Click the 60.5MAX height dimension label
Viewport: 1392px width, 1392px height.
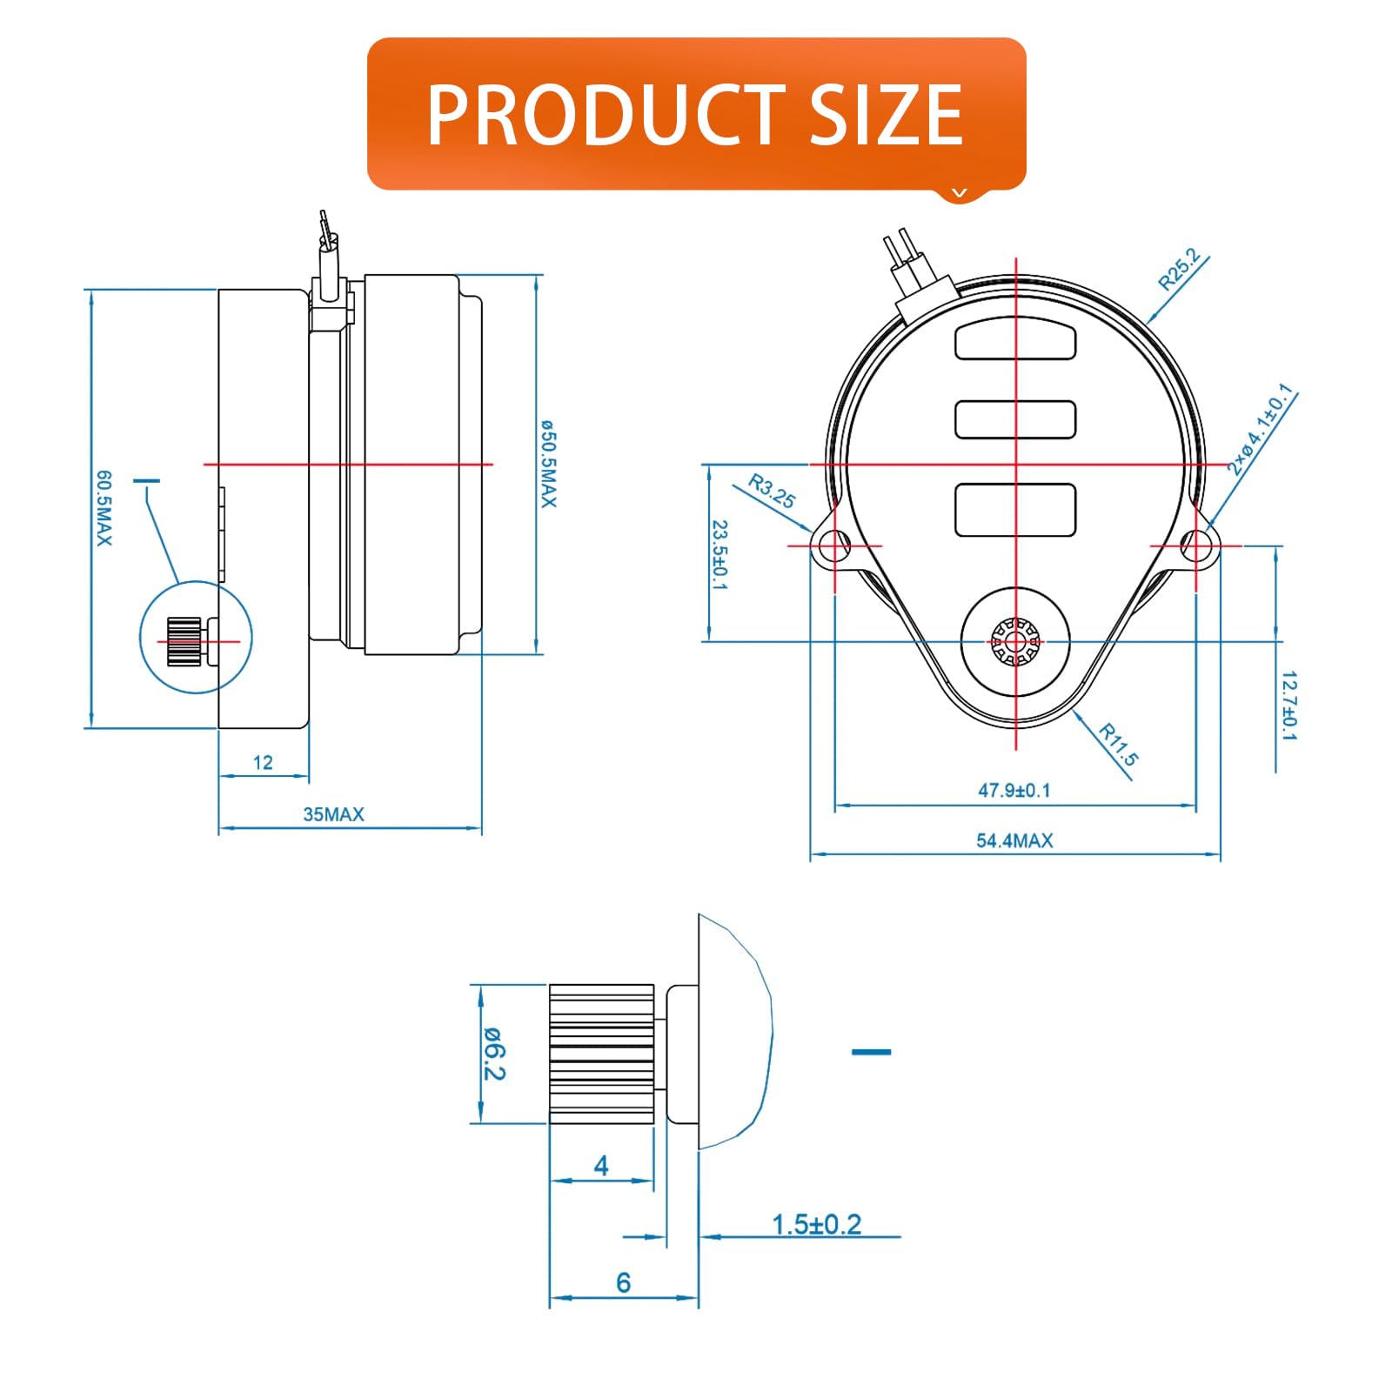(104, 508)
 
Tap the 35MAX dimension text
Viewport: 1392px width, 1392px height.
(333, 814)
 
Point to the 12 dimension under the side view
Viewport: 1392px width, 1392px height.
(263, 763)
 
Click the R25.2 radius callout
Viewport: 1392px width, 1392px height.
(1179, 269)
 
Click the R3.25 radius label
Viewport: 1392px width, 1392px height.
(772, 492)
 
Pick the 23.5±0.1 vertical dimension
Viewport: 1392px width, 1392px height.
(719, 554)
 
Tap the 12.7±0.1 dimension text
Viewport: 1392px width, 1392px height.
(1288, 705)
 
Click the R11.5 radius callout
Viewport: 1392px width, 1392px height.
(1118, 744)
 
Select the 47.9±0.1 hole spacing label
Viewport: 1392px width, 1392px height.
(1014, 790)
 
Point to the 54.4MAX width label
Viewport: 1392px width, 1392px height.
(1014, 840)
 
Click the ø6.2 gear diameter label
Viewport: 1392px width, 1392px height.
(494, 1053)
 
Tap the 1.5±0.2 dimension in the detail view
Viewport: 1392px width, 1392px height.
(816, 1224)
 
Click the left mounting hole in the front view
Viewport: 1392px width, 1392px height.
(834, 545)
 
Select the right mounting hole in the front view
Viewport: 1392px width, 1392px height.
(1195, 545)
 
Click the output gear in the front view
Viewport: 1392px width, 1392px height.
(1015, 642)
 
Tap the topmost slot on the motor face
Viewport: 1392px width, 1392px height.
(1015, 340)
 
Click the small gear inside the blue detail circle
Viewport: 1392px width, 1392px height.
(184, 641)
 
